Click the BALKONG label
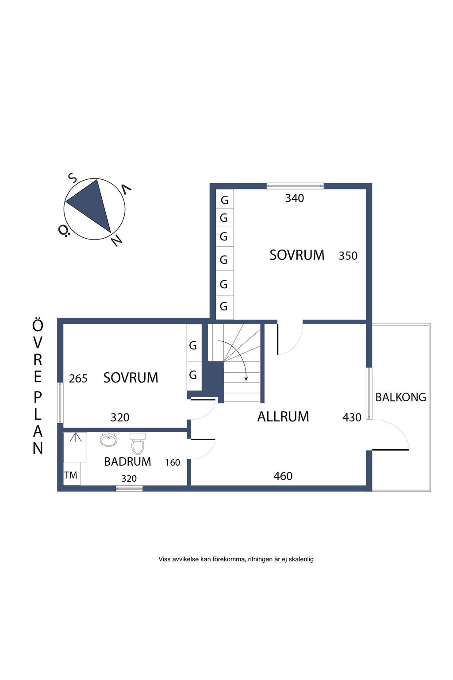click(400, 397)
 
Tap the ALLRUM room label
click(283, 417)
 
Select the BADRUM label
click(127, 462)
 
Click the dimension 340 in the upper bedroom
click(295, 198)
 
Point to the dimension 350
click(348, 256)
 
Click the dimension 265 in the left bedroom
click(78, 379)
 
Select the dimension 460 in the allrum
click(283, 476)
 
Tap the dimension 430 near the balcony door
click(352, 417)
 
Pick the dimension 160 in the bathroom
click(173, 463)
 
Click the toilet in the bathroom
click(138, 444)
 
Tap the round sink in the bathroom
click(108, 440)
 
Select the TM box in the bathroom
click(71, 475)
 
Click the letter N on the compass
click(116, 240)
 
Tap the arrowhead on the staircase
click(246, 379)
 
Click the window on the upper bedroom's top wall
click(295, 186)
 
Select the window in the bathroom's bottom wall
click(129, 489)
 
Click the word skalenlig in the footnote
click(301, 559)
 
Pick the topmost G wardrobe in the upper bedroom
click(225, 200)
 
